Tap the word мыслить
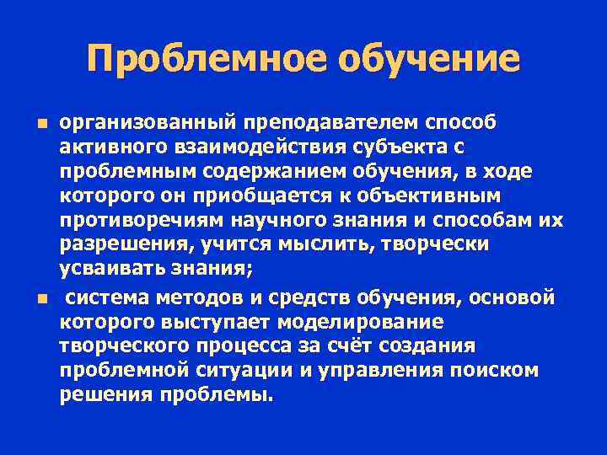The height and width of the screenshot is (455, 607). tap(316, 245)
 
